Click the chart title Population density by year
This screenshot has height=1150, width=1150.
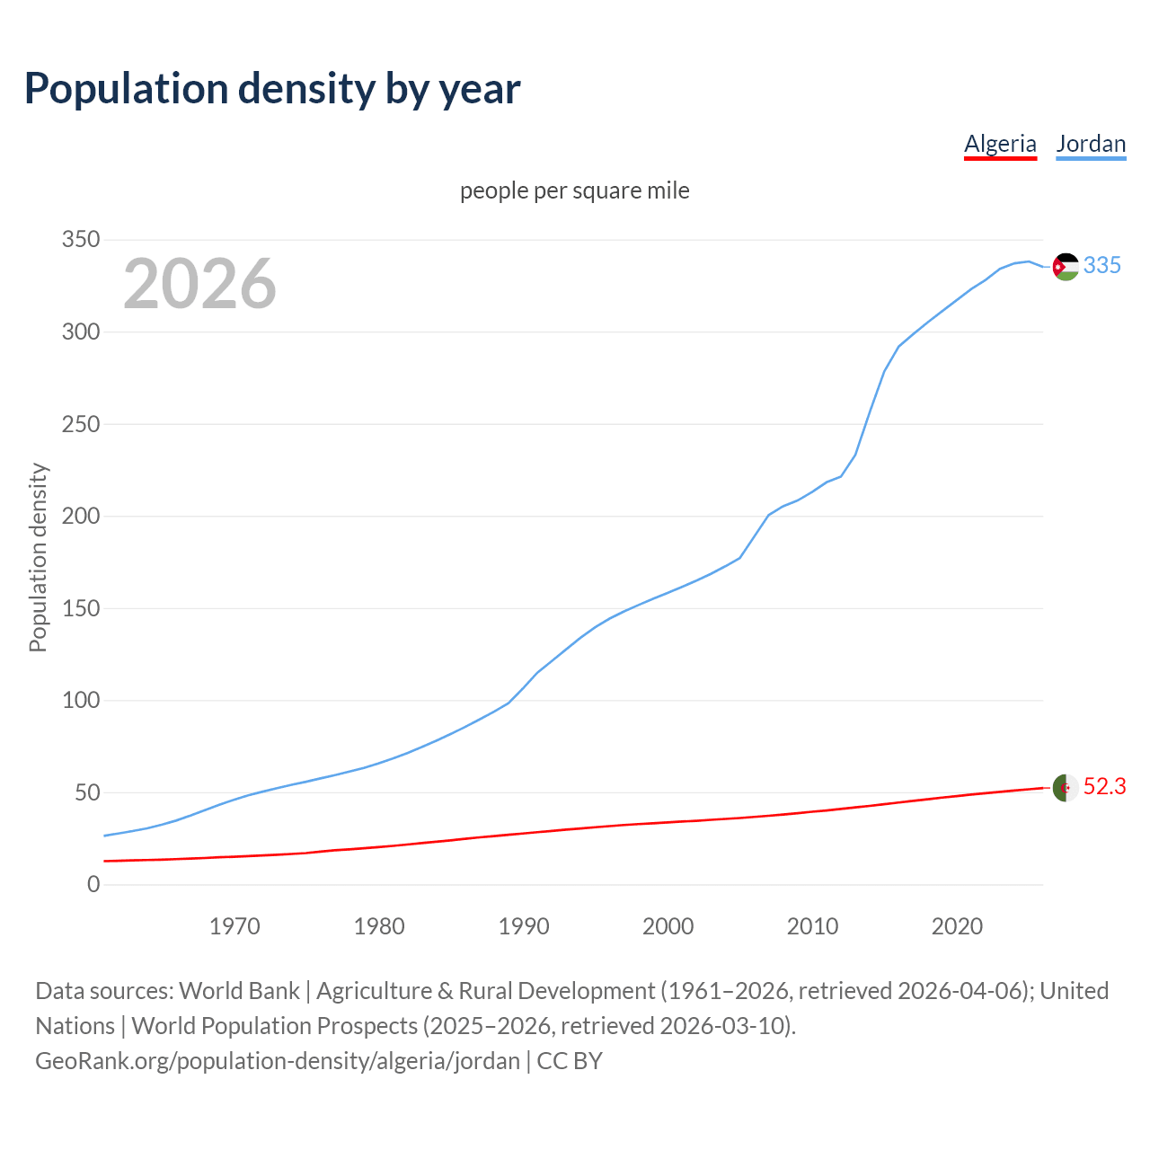pos(272,89)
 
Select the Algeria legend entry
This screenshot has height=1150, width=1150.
pos(1000,144)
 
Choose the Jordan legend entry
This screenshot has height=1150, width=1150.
pos(1091,144)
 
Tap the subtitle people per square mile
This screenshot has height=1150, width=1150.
pos(575,191)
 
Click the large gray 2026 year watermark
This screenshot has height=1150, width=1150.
pos(199,284)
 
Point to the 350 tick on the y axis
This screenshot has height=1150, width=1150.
pos(80,240)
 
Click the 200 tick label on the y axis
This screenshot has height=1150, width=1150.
pos(80,517)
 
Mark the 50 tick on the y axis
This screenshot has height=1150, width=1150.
pos(86,793)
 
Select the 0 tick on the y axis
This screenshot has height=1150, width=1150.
pos(93,885)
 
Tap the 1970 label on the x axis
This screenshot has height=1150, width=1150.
pos(234,926)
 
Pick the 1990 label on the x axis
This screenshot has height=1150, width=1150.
pos(524,926)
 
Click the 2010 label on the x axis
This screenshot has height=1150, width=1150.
pos(812,926)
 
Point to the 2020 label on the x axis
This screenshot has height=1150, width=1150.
pos(957,926)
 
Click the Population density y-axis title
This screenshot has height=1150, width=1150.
pos(38,557)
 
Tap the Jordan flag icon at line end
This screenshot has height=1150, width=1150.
pos(1066,267)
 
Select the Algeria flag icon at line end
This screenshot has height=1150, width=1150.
pos(1066,788)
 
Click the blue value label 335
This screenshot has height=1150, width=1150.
pos(1102,266)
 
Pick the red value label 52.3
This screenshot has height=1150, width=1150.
pos(1104,787)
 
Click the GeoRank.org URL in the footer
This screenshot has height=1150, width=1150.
pos(278,1061)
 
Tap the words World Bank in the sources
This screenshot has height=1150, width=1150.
pos(239,991)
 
